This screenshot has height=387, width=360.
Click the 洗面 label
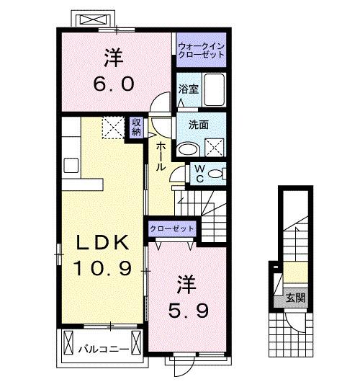(199, 124)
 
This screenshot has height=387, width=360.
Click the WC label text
(199, 175)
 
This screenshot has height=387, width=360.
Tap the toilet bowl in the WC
(220, 174)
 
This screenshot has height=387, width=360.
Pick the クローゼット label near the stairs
(172, 228)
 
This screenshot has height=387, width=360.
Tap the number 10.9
(104, 270)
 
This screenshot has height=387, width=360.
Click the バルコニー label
(103, 350)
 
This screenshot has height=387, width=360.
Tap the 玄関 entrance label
(291, 296)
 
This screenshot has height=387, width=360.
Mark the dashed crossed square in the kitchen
(113, 128)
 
